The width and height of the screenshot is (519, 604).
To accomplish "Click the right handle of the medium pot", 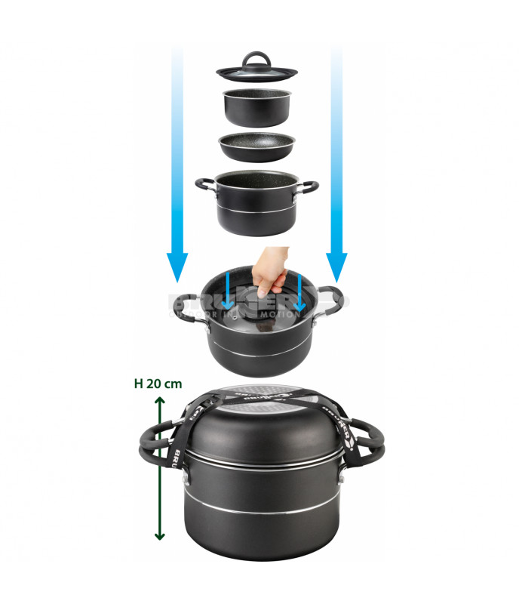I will (309, 185).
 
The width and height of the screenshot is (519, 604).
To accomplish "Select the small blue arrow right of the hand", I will (299, 294).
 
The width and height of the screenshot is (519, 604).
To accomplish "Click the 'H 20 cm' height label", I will (158, 384).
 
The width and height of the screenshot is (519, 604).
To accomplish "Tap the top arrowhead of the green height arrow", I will (158, 403).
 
